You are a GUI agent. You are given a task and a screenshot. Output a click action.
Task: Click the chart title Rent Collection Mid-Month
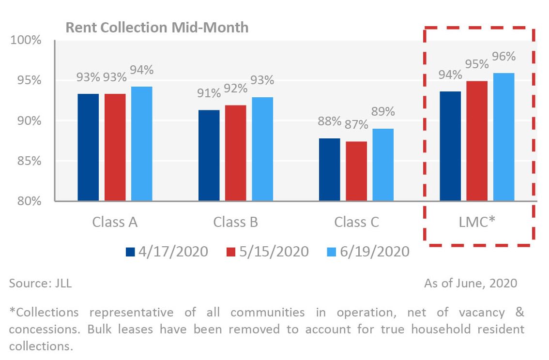(x=157, y=27)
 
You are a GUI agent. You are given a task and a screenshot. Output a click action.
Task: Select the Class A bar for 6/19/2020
(x=141, y=144)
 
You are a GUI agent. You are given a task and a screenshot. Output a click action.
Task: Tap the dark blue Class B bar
(x=209, y=155)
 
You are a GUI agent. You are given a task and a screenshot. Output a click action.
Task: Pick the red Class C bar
(x=356, y=171)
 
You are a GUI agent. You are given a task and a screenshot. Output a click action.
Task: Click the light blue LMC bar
(x=503, y=137)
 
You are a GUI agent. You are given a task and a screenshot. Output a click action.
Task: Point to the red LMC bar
(x=477, y=141)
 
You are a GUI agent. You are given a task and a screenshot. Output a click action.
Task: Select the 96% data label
(x=503, y=56)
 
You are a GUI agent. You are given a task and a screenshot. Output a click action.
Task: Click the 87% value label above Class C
(x=356, y=124)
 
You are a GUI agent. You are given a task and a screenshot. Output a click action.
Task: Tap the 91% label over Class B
(x=209, y=93)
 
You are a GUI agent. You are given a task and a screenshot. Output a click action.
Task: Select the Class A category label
(x=115, y=222)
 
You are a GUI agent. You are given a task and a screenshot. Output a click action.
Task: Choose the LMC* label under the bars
(x=477, y=222)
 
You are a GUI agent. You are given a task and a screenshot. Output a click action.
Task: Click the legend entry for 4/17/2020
(x=167, y=252)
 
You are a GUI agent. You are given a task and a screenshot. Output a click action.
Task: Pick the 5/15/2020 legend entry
(x=267, y=252)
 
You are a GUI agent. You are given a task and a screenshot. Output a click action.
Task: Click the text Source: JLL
(x=40, y=284)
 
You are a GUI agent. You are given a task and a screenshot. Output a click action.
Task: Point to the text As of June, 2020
(x=471, y=283)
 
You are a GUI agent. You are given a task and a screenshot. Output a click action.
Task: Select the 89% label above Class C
(x=383, y=111)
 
